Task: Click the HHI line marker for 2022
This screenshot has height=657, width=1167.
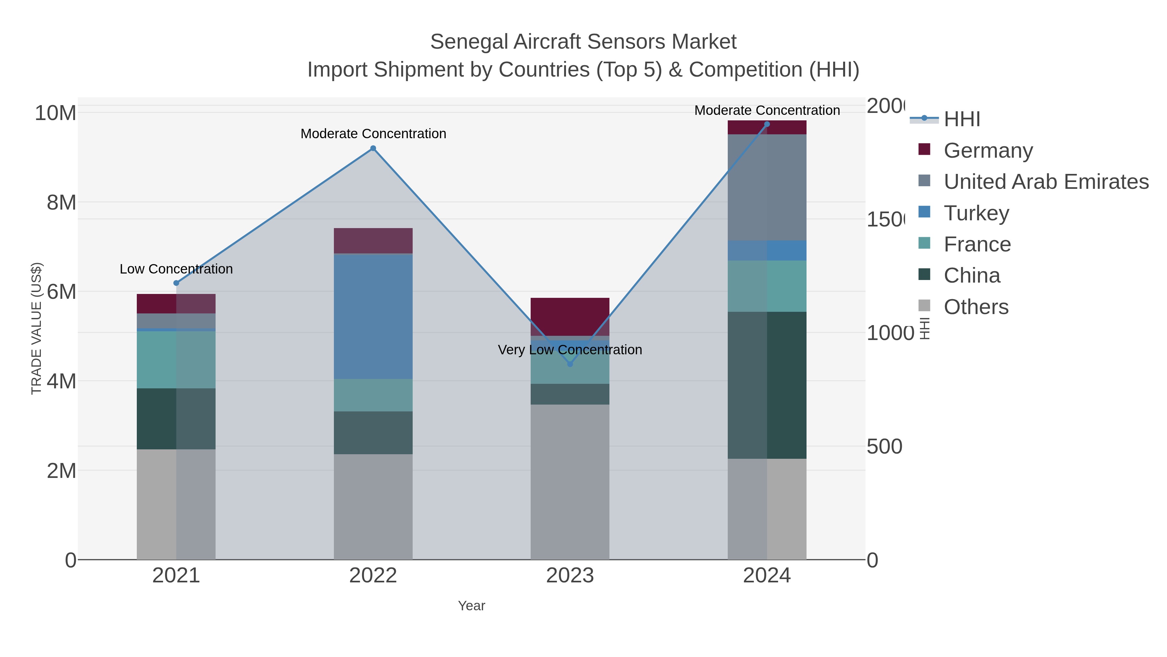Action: click(373, 148)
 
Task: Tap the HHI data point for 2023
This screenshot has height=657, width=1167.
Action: click(570, 364)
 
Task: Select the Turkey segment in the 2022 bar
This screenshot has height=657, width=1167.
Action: click(373, 316)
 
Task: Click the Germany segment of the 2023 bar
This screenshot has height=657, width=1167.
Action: click(570, 316)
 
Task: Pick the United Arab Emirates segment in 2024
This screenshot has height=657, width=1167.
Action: click(767, 187)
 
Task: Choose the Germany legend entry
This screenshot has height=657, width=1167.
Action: click(988, 150)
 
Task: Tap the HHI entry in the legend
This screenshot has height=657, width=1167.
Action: click(961, 119)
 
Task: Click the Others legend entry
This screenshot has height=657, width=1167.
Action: click(976, 307)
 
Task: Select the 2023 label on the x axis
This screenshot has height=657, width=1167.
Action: click(570, 575)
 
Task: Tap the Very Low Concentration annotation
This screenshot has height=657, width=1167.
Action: click(570, 349)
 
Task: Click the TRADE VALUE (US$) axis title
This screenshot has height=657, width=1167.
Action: click(36, 328)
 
